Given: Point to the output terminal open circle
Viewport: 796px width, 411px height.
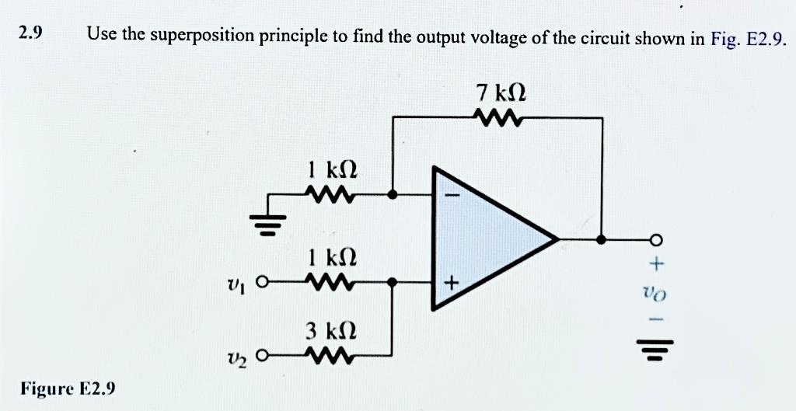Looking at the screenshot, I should click(x=656, y=240).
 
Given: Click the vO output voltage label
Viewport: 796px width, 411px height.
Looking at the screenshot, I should click(x=658, y=294).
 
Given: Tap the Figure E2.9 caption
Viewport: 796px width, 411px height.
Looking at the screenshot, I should click(x=68, y=388).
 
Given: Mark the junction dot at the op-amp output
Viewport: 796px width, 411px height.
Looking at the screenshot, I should click(x=602, y=240).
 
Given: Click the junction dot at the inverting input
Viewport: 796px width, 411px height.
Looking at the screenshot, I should click(x=393, y=195).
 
